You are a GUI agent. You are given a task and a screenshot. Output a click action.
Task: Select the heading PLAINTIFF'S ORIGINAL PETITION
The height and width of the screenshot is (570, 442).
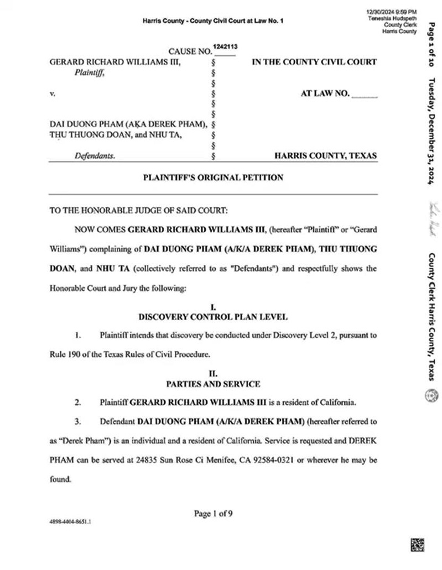pyautogui.click(x=213, y=178)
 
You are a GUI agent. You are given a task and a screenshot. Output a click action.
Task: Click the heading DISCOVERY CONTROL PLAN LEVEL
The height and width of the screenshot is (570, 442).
pyautogui.click(x=213, y=317)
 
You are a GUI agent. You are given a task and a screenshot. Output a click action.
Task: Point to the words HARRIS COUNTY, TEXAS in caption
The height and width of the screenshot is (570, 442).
pyautogui.click(x=326, y=156)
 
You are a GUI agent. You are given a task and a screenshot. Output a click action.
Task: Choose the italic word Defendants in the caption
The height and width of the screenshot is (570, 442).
pyautogui.click(x=95, y=156)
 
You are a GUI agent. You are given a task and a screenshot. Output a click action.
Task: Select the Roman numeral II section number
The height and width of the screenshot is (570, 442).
pyautogui.click(x=213, y=374)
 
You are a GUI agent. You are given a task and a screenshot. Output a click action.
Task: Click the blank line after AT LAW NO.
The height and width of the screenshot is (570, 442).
pyautogui.click(x=365, y=96)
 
